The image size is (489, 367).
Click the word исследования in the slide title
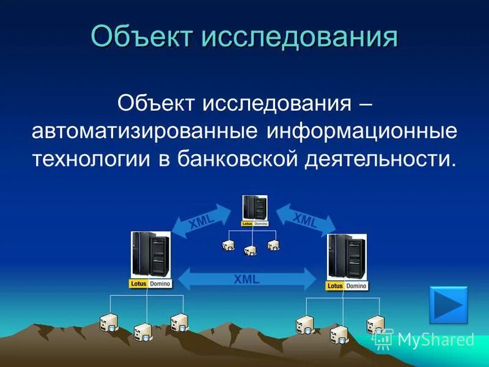tap(300, 37)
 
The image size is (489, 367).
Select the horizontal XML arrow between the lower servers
tap(247, 279)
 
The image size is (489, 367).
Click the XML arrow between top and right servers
tap(305, 219)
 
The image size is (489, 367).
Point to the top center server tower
tap(254, 207)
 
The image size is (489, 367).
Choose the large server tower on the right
tap(347, 256)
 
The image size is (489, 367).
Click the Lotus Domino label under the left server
tap(150, 284)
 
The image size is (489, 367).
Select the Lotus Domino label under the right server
tap(347, 286)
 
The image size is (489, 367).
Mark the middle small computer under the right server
tap(339, 334)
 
